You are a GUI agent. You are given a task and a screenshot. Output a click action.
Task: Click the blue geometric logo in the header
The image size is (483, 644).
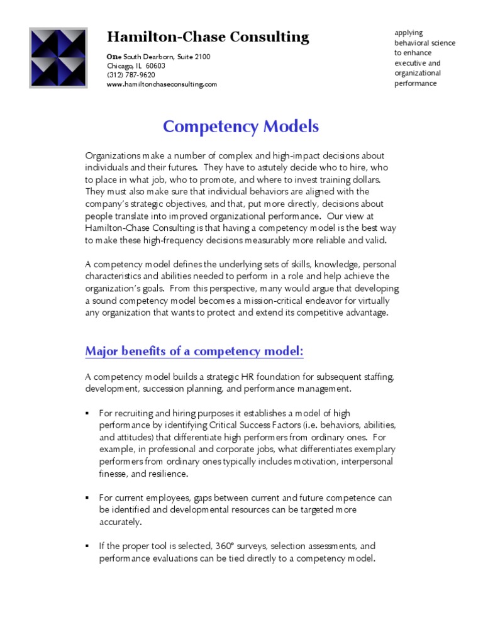click(58, 57)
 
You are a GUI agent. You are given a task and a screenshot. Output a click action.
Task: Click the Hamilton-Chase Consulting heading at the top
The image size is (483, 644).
click(208, 37)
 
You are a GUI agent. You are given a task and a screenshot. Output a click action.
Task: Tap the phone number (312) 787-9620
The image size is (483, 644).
click(131, 75)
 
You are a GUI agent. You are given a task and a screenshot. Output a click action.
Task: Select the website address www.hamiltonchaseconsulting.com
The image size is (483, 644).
click(162, 84)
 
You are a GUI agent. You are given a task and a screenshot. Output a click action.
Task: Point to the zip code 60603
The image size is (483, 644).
click(155, 66)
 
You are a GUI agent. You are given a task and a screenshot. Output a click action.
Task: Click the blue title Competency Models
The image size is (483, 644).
click(241, 126)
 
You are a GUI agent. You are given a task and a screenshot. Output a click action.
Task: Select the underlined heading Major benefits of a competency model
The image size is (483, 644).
click(194, 351)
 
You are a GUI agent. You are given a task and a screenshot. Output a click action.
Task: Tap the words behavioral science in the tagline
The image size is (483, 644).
click(425, 43)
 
